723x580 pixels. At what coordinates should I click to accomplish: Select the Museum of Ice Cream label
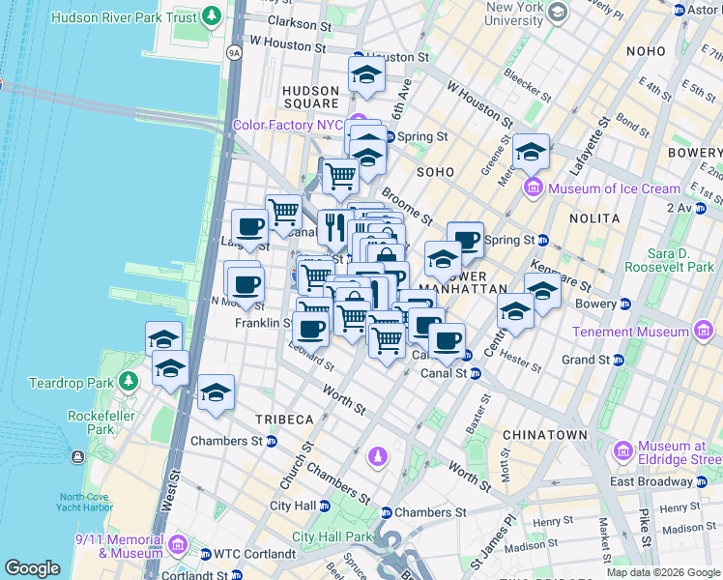coord(614,188)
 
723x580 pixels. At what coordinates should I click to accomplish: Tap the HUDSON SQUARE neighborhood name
coord(309,97)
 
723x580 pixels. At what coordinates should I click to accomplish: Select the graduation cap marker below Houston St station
coord(366,75)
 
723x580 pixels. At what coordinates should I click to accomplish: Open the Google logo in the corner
coord(31,567)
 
